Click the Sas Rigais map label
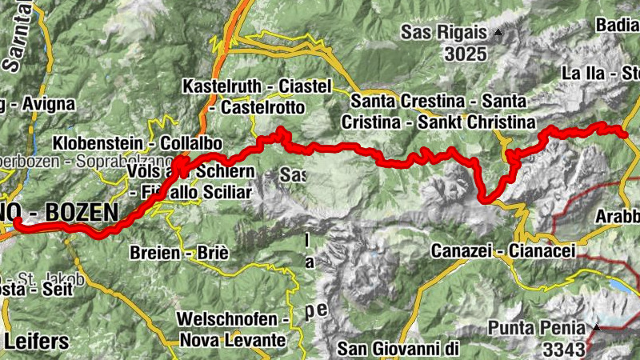pyautogui.click(x=445, y=33)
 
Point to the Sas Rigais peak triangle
pyautogui.click(x=499, y=33)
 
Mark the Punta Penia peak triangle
pyautogui.click(x=597, y=327)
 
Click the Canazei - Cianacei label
pyautogui.click(x=503, y=251)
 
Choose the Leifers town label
pyautogui.click(x=36, y=341)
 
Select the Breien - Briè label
pyautogui.click(x=178, y=253)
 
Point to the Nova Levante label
pyautogui.click(x=232, y=340)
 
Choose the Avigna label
pyautogui.click(x=48, y=103)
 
